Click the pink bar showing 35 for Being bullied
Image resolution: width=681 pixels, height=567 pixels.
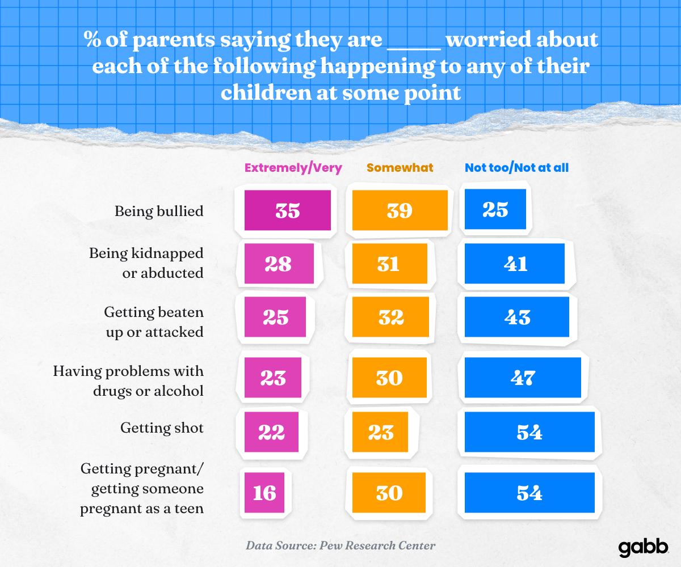[287, 210]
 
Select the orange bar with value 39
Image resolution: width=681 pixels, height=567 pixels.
[400, 210]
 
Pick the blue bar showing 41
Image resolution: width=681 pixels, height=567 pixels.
[514, 264]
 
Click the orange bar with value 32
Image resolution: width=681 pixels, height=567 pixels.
[389, 317]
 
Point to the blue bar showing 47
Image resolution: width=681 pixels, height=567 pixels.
[523, 377]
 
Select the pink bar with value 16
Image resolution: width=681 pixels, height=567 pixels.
[264, 492]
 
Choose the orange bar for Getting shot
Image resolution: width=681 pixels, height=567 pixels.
[381, 432]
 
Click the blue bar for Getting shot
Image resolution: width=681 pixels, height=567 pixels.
[529, 432]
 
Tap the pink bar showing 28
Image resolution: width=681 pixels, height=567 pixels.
[279, 264]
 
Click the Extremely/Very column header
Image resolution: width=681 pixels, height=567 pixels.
[293, 168]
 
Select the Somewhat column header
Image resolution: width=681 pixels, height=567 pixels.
[400, 168]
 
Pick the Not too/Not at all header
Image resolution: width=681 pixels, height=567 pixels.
[516, 168]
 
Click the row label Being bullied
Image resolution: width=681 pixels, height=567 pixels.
[159, 211]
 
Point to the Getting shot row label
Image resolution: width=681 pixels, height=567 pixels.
[162, 428]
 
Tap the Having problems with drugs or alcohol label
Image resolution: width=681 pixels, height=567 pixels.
[128, 381]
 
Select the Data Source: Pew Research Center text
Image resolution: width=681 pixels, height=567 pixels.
[340, 546]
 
